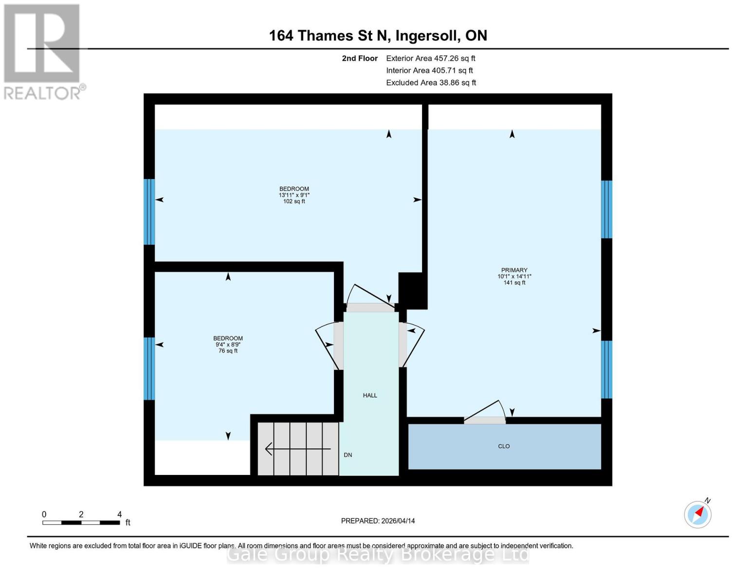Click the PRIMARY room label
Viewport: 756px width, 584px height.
point(514,270)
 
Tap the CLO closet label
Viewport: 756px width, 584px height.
point(504,446)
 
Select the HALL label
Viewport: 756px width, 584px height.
point(370,396)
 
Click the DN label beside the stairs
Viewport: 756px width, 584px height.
point(348,455)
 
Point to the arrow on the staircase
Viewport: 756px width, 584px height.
point(297,449)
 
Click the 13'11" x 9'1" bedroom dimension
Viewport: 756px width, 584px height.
point(294,195)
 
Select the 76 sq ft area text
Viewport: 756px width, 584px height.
point(228,351)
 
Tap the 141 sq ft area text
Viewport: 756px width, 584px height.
point(514,283)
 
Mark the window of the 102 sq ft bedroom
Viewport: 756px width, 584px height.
point(149,212)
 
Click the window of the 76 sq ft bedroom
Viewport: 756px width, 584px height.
point(149,368)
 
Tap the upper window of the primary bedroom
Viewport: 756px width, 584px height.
point(606,209)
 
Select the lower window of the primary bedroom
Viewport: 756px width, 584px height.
point(606,369)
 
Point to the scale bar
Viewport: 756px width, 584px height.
point(81,523)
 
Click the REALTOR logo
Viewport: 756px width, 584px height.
point(43,51)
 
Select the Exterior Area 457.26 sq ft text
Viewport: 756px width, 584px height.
point(430,58)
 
